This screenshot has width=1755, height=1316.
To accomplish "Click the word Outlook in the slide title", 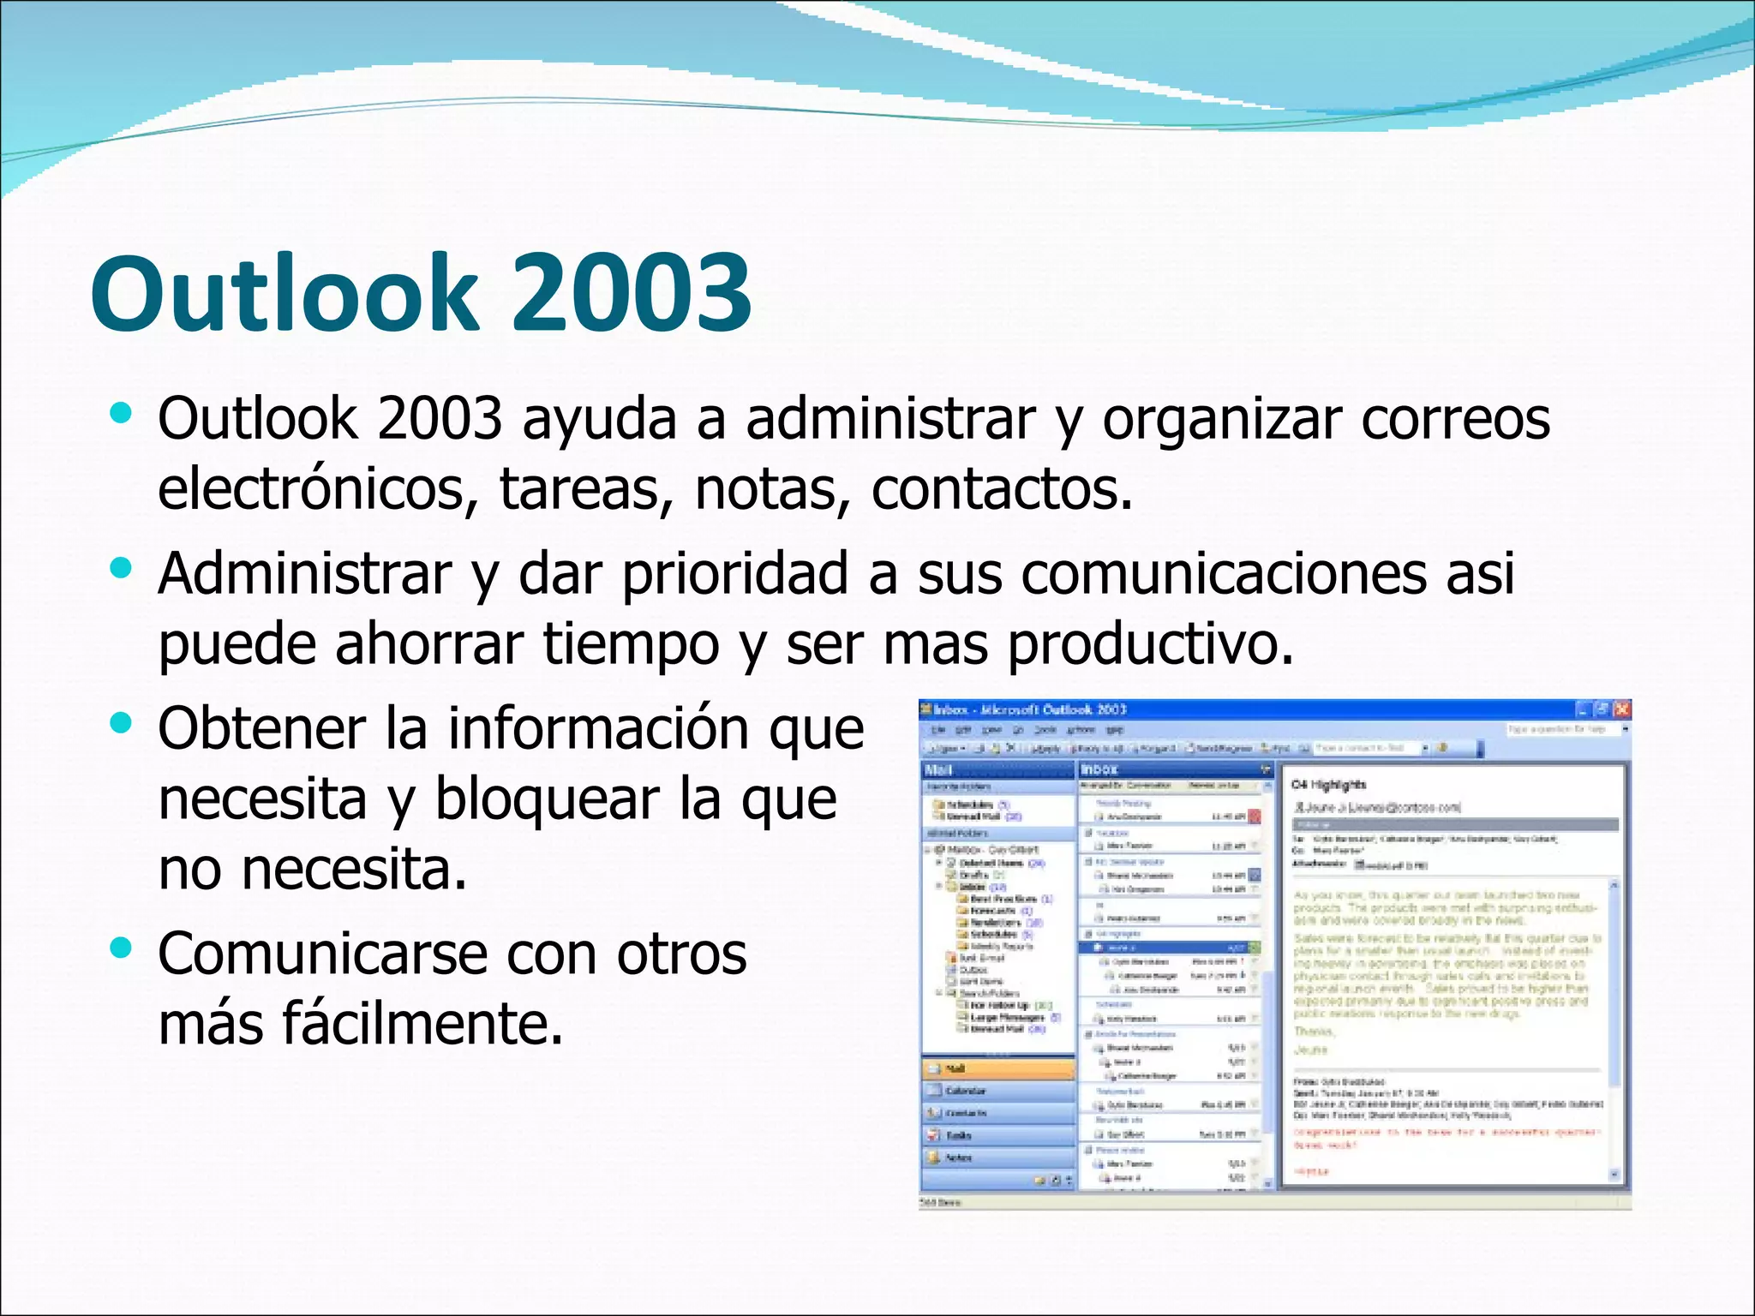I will click(283, 293).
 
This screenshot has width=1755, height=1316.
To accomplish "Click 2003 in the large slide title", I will click(632, 293).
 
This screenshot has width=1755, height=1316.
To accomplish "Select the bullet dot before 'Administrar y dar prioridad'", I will click(122, 568).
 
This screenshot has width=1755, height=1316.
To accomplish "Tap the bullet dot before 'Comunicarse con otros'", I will click(122, 948).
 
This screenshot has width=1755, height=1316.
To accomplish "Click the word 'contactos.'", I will click(1002, 488).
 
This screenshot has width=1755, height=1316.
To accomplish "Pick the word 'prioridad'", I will click(734, 573).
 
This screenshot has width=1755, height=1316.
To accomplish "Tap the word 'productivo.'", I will click(1150, 643).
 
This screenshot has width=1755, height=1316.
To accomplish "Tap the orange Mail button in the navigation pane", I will click(998, 1068).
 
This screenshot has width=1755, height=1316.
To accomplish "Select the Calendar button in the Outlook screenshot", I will click(998, 1091).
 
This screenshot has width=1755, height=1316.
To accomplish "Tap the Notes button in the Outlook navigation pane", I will click(998, 1157).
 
